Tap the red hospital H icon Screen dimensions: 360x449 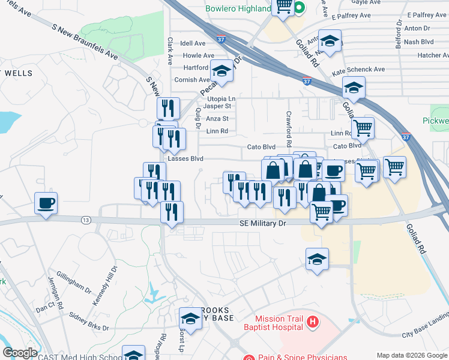pyautogui.click(x=312, y=323)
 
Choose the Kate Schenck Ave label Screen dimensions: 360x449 pyautogui.click(x=359, y=70)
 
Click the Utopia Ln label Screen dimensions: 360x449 pyautogui.click(x=221, y=98)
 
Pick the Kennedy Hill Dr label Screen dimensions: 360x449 pyautogui.click(x=105, y=280)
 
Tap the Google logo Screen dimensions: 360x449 pyautogui.click(x=20, y=353)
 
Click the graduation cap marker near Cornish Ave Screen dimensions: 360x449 pyautogui.click(x=221, y=71)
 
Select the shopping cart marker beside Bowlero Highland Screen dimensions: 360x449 pyautogui.click(x=283, y=7)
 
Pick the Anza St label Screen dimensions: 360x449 pyautogui.click(x=217, y=119)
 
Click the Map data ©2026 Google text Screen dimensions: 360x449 pyautogui.click(x=412, y=355)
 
